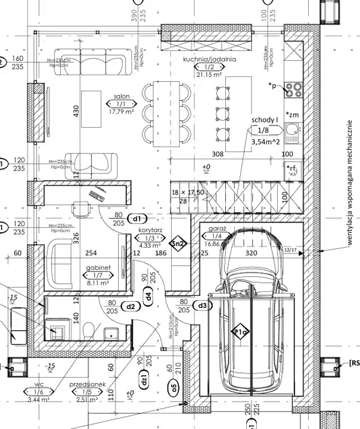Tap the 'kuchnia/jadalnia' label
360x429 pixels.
coord(210,60)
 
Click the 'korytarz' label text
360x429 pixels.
coord(151,229)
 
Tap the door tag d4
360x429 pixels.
coord(148,293)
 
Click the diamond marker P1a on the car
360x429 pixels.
coord(240,332)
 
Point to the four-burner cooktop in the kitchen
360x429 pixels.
coord(293,89)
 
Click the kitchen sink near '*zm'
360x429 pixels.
coord(292,131)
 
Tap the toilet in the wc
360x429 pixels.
coord(89,330)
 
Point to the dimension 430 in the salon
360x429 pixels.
coord(76,113)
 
